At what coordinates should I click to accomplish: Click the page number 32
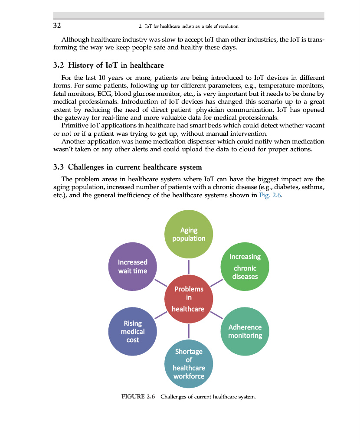[x=57, y=26]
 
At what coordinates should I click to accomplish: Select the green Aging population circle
[x=189, y=235]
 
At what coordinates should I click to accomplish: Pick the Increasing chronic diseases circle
[x=245, y=266]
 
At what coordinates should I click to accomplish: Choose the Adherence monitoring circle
[x=245, y=331]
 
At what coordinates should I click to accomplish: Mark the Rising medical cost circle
[x=133, y=331]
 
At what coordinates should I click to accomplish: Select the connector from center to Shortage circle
[x=189, y=331]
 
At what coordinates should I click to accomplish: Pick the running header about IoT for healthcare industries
[x=189, y=26]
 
